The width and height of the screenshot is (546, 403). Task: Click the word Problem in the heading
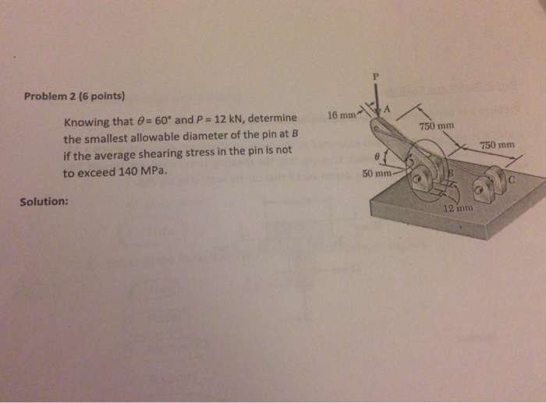[x=44, y=97]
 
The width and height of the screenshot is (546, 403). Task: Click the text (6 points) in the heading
[x=98, y=97]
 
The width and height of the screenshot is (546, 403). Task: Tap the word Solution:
[x=44, y=201]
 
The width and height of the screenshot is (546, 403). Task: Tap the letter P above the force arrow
[x=375, y=77]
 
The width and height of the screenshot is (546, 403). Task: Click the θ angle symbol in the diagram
[x=376, y=155]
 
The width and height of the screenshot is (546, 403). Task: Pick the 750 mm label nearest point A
[x=435, y=125]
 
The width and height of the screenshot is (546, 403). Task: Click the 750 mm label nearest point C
[x=497, y=145]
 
